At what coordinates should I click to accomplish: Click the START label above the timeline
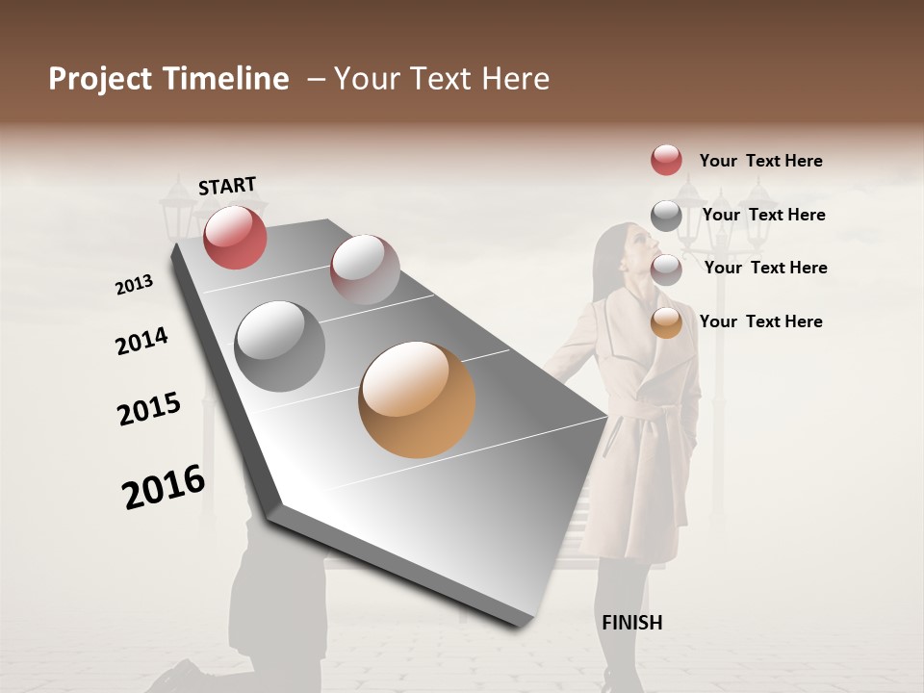pyautogui.click(x=227, y=186)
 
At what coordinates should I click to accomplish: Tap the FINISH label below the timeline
pyautogui.click(x=631, y=623)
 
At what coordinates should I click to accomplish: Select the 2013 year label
pyautogui.click(x=135, y=285)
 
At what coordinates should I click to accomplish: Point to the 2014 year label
pyautogui.click(x=141, y=342)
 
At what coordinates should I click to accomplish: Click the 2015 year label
pyautogui.click(x=149, y=409)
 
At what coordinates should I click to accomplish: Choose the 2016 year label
pyautogui.click(x=164, y=486)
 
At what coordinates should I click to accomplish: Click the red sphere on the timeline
pyautogui.click(x=235, y=237)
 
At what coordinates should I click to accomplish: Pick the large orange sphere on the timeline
pyautogui.click(x=417, y=399)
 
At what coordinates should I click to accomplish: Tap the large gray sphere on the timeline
pyautogui.click(x=280, y=346)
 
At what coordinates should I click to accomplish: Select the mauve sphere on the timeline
pyautogui.click(x=365, y=269)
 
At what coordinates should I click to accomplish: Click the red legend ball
pyautogui.click(x=666, y=160)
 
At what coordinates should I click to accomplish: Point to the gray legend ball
pyautogui.click(x=666, y=216)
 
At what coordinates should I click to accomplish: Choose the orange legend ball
pyautogui.click(x=666, y=323)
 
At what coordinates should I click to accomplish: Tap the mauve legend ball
pyautogui.click(x=666, y=269)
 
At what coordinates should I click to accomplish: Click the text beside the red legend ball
pyautogui.click(x=760, y=162)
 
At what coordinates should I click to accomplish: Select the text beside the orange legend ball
pyautogui.click(x=760, y=321)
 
